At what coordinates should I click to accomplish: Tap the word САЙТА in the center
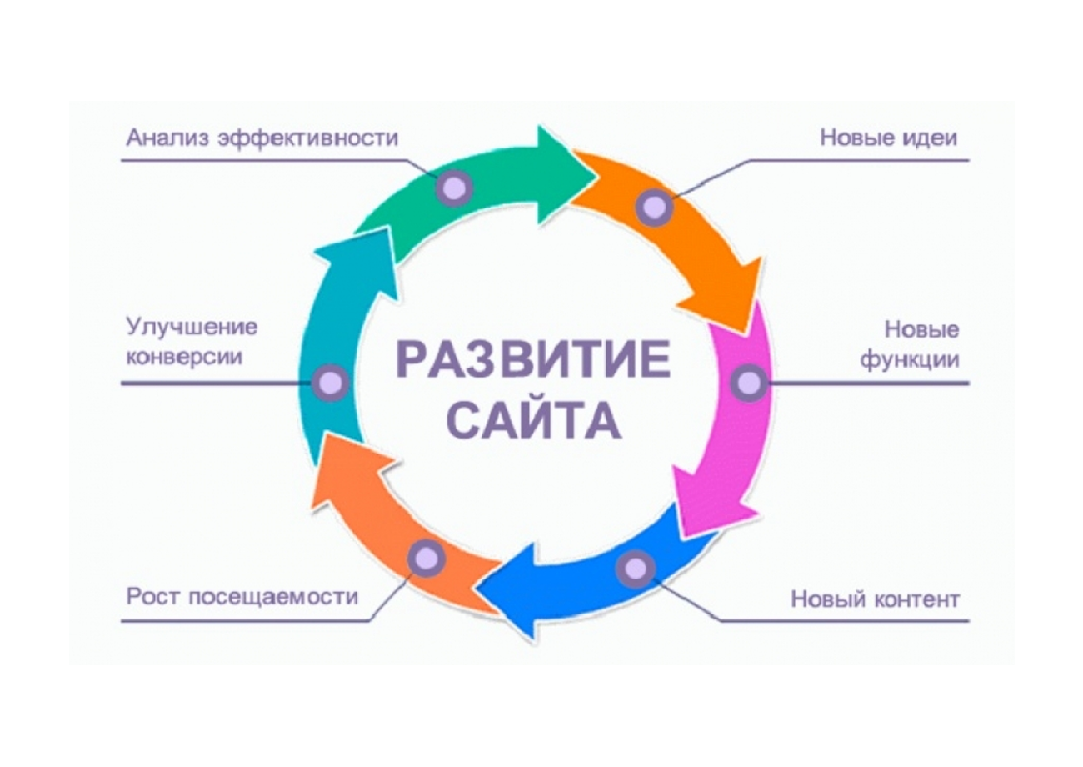pyautogui.click(x=539, y=420)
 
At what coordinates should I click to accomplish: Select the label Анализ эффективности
pyautogui.click(x=262, y=138)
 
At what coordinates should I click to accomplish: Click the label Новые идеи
pyautogui.click(x=889, y=138)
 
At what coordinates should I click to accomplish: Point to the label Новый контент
pyautogui.click(x=875, y=599)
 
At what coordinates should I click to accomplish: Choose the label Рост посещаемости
pyautogui.click(x=242, y=597)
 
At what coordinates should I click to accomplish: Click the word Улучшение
pyautogui.click(x=192, y=326)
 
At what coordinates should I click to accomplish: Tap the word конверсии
pyautogui.click(x=185, y=358)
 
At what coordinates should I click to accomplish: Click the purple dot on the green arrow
pyautogui.click(x=455, y=188)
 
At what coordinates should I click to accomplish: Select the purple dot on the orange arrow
pyautogui.click(x=655, y=207)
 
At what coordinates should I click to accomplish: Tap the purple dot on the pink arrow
pyautogui.click(x=750, y=383)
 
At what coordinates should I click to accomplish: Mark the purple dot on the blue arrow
pyautogui.click(x=635, y=569)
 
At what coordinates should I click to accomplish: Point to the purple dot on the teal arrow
pyautogui.click(x=331, y=383)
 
